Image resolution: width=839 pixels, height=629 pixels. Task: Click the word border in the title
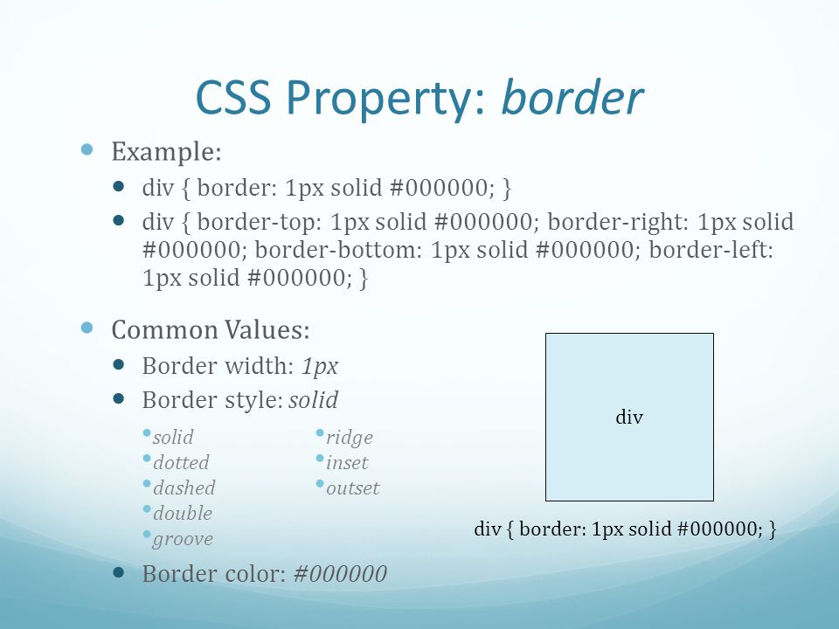(x=572, y=97)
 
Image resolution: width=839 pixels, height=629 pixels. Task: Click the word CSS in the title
(x=233, y=97)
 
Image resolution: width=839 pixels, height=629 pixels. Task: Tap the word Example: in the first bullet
(x=166, y=151)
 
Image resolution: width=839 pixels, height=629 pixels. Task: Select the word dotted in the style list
(x=181, y=462)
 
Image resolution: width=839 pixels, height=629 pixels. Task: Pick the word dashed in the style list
(x=184, y=487)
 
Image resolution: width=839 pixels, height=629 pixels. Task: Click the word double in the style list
(x=183, y=513)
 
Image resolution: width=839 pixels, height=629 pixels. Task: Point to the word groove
(x=183, y=539)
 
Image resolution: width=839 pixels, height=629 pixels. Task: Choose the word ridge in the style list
(x=350, y=438)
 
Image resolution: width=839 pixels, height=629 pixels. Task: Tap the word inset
(x=347, y=462)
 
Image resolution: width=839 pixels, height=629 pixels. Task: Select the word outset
(x=352, y=488)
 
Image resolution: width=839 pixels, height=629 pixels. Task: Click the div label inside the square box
(x=629, y=417)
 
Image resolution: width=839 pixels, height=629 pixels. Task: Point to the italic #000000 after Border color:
(x=340, y=573)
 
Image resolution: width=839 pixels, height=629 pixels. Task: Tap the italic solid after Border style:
(x=314, y=399)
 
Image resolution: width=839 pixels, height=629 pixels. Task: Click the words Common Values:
(x=211, y=329)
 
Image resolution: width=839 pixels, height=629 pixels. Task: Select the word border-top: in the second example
(x=260, y=222)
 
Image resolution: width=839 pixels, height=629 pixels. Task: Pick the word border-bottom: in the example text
(x=339, y=250)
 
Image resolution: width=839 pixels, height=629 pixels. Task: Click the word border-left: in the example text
(x=711, y=250)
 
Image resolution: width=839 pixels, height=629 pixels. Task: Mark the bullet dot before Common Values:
(x=87, y=328)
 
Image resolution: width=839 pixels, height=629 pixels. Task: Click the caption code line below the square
(x=625, y=529)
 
